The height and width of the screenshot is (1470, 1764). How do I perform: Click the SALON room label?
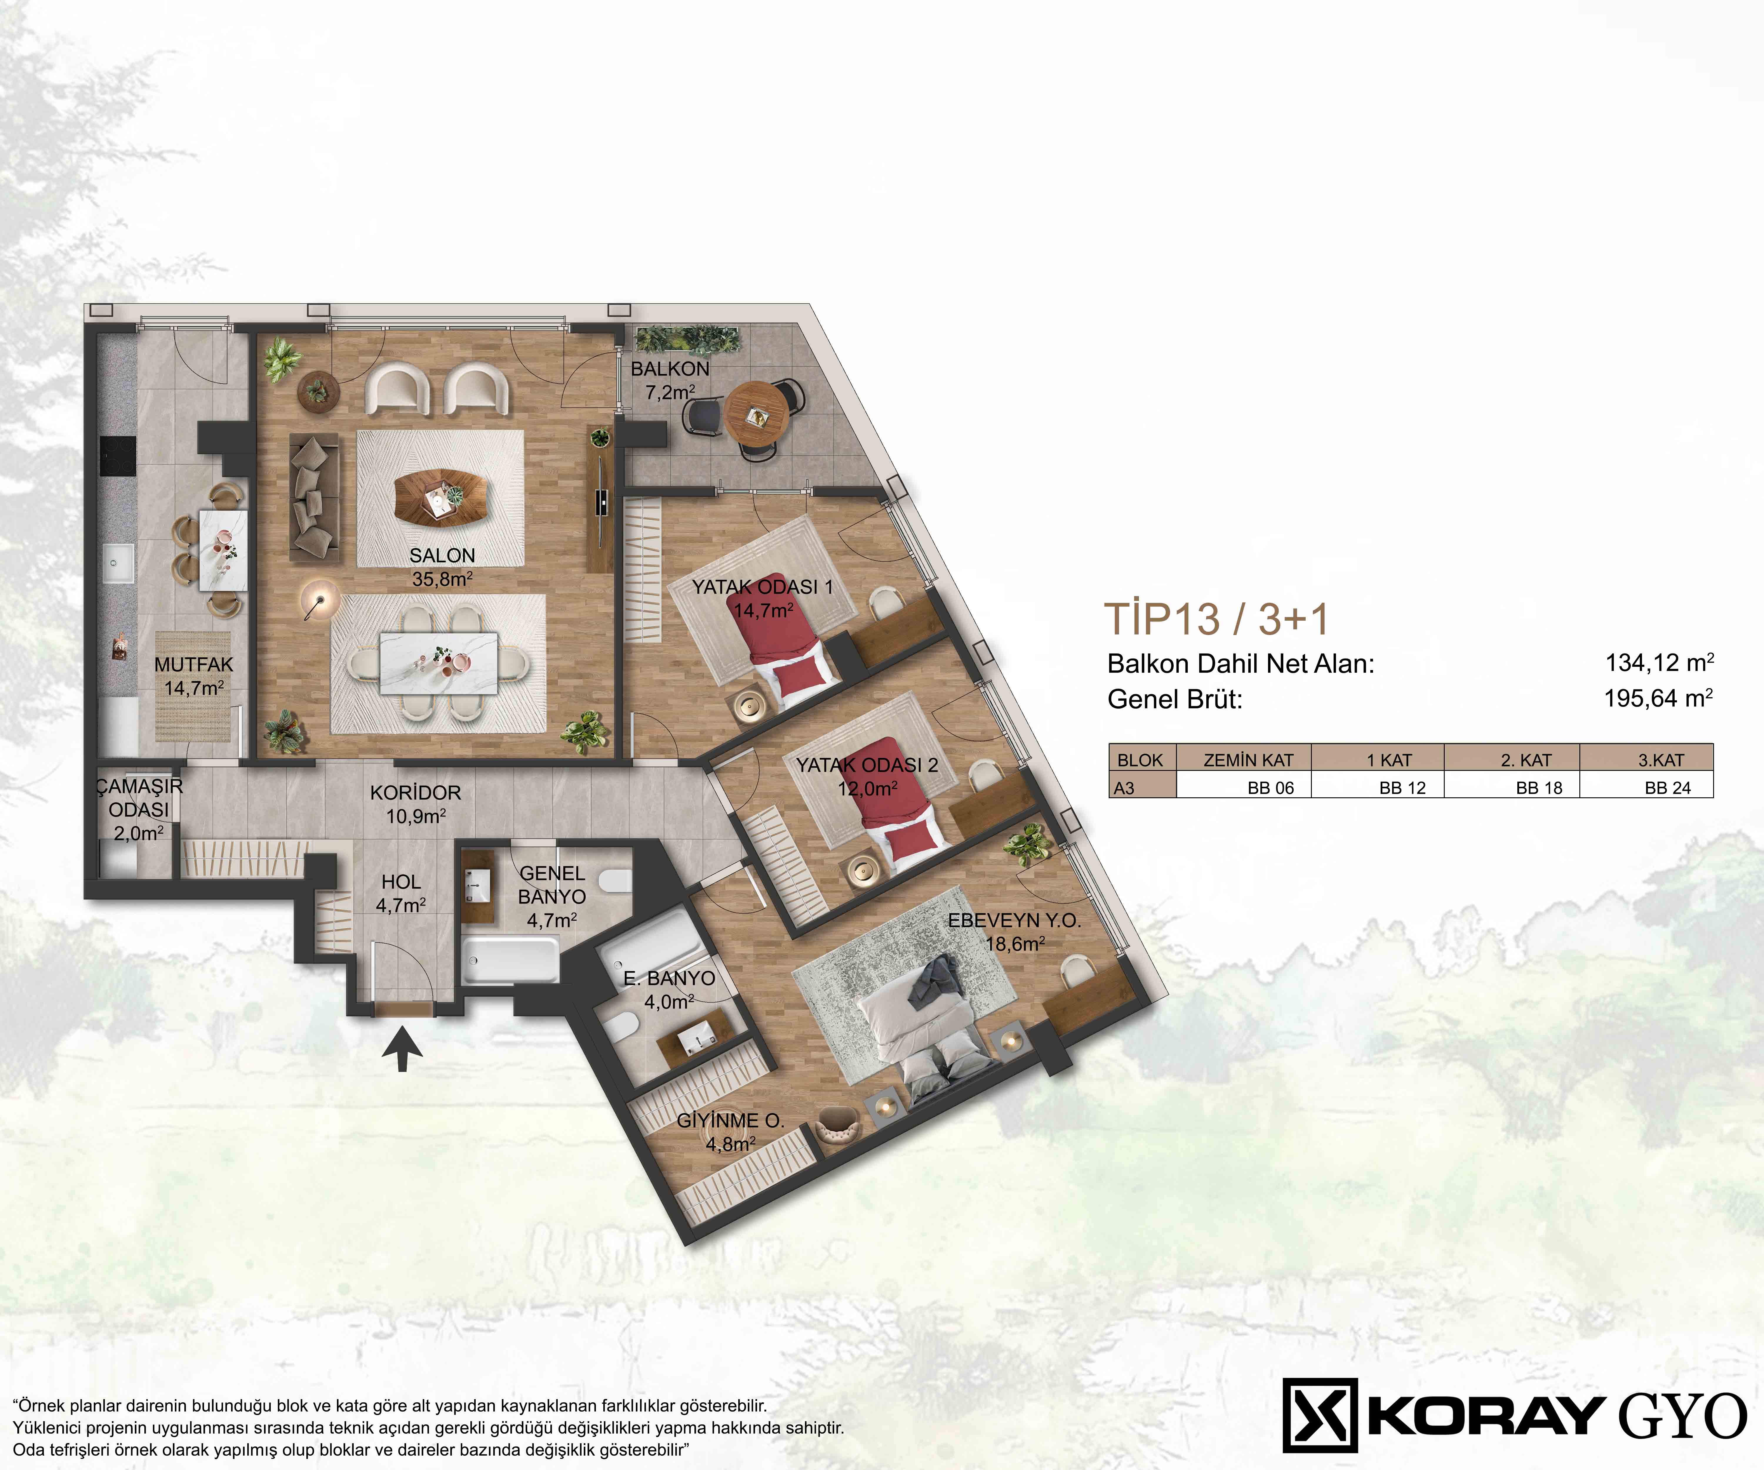[442, 555]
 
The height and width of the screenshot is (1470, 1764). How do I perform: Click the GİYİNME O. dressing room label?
[730, 1120]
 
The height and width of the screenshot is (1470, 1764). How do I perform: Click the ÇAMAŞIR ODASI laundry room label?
[138, 798]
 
